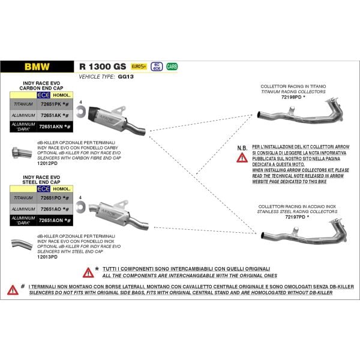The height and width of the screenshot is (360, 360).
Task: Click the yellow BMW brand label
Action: click(x=37, y=67)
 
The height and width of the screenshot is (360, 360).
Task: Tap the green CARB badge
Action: click(x=172, y=67)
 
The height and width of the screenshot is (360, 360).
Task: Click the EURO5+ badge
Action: click(x=139, y=67)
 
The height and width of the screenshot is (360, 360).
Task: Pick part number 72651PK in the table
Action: click(x=53, y=104)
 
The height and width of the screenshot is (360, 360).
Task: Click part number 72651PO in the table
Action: click(x=53, y=197)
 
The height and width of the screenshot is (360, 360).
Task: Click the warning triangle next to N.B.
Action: click(x=242, y=157)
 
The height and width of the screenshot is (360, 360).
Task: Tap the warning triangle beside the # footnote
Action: click(x=13, y=290)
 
